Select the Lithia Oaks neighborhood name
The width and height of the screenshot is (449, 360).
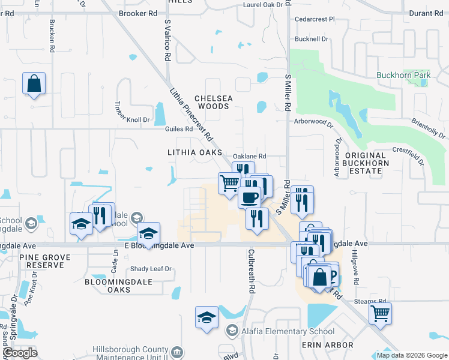[194, 153]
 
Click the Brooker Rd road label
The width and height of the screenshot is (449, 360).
[138, 13]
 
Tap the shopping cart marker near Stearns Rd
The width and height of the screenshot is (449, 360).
[379, 313]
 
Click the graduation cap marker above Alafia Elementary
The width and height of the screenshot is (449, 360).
[206, 317]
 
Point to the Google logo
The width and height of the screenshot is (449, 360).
[20, 353]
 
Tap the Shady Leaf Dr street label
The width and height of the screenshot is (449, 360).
[151, 269]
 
